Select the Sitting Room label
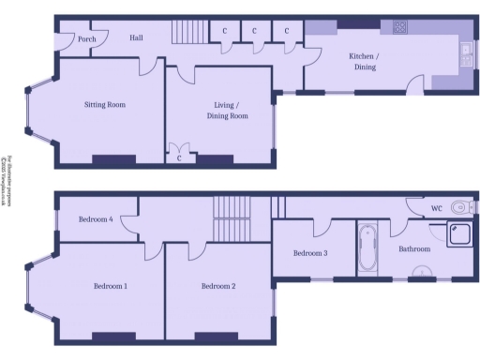pyautogui.click(x=104, y=105)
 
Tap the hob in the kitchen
pyautogui.click(x=399, y=27)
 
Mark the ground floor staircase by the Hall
pyautogui.click(x=187, y=34)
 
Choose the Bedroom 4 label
pyautogui.click(x=96, y=219)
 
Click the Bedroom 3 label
pyautogui.click(x=310, y=253)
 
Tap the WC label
pyautogui.click(x=436, y=207)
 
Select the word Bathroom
pyautogui.click(x=414, y=249)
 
